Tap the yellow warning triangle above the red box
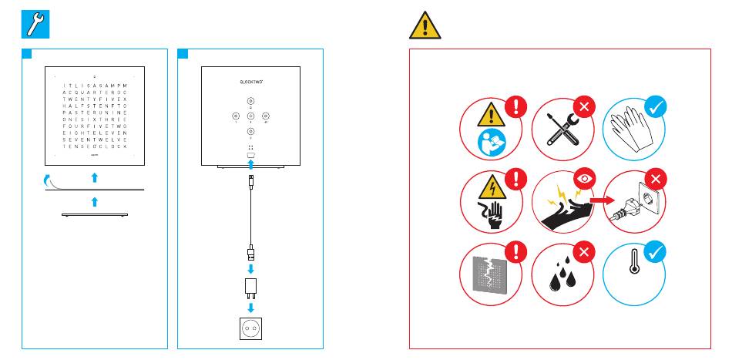point(425,25)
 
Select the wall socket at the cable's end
point(250,328)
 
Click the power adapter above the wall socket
point(250,288)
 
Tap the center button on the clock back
point(250,116)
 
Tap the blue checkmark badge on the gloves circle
point(654,107)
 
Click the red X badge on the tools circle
point(583,108)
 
